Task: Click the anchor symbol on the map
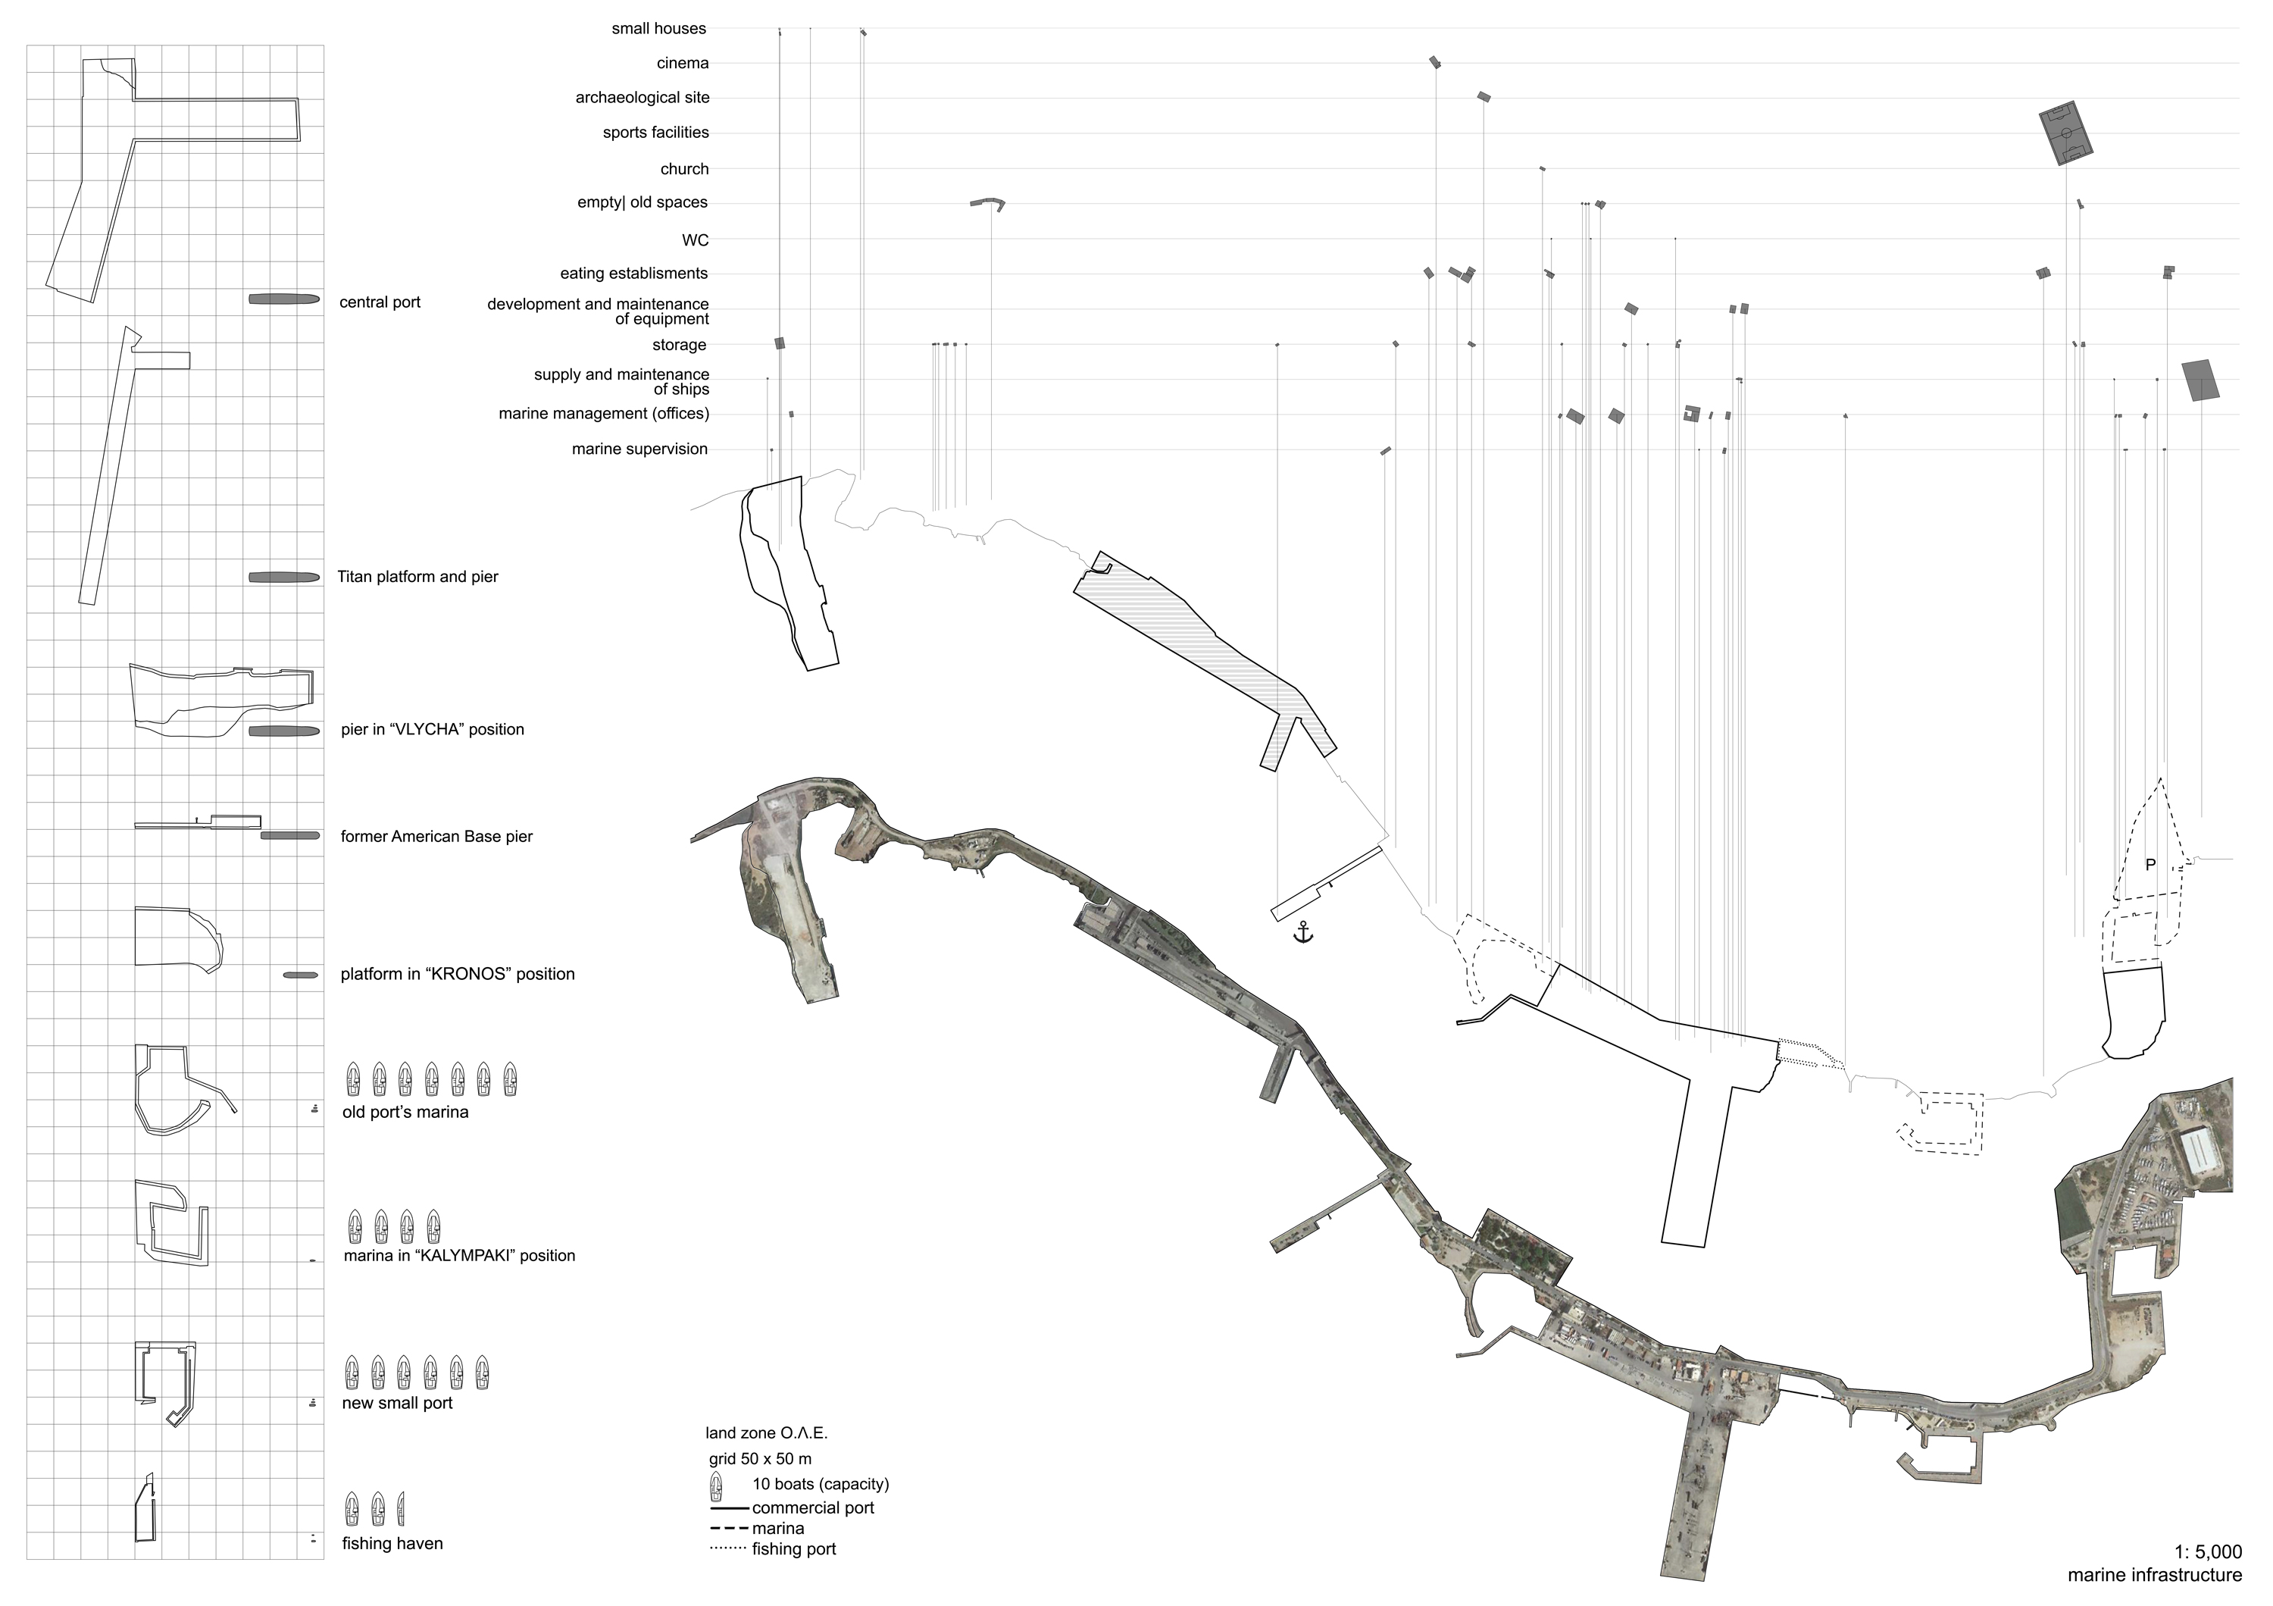1304,931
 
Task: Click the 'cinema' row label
683,64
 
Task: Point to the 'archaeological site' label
643,97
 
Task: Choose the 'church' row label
685,169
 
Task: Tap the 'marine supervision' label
639,449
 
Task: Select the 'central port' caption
380,302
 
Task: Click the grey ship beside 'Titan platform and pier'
284,578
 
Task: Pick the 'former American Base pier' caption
436,837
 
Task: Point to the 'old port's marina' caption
405,1112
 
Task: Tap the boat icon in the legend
717,1485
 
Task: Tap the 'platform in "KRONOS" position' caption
458,975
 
